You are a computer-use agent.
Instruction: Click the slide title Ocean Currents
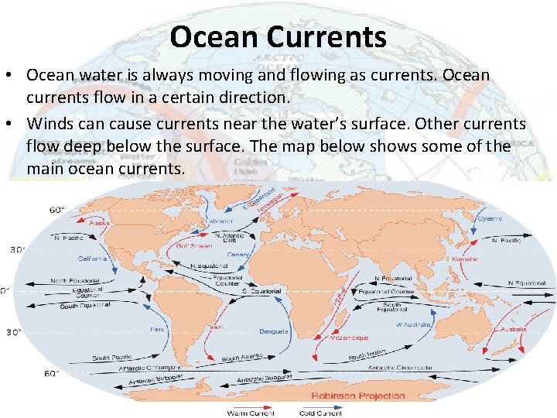(278, 36)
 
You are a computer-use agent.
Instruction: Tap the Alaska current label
(100, 222)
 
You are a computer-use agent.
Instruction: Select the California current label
(92, 259)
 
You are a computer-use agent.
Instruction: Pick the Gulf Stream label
(194, 245)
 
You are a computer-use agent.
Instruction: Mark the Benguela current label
(273, 331)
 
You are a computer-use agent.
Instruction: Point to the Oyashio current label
(488, 219)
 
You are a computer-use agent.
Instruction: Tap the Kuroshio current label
(463, 259)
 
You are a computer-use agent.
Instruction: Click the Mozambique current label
(350, 337)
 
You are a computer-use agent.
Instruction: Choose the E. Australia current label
(511, 329)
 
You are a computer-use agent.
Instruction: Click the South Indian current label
(367, 355)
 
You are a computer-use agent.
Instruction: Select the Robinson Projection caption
(358, 396)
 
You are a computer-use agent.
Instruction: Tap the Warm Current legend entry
(250, 413)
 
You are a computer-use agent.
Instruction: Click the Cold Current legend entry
(322, 413)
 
